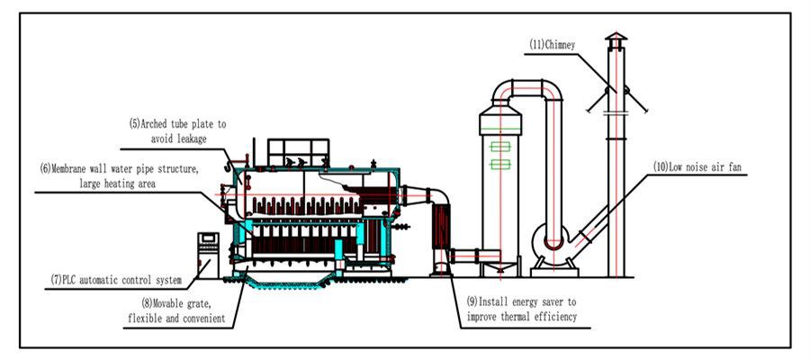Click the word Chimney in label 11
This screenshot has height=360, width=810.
tap(558, 43)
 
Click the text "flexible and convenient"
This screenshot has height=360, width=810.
tap(177, 318)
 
